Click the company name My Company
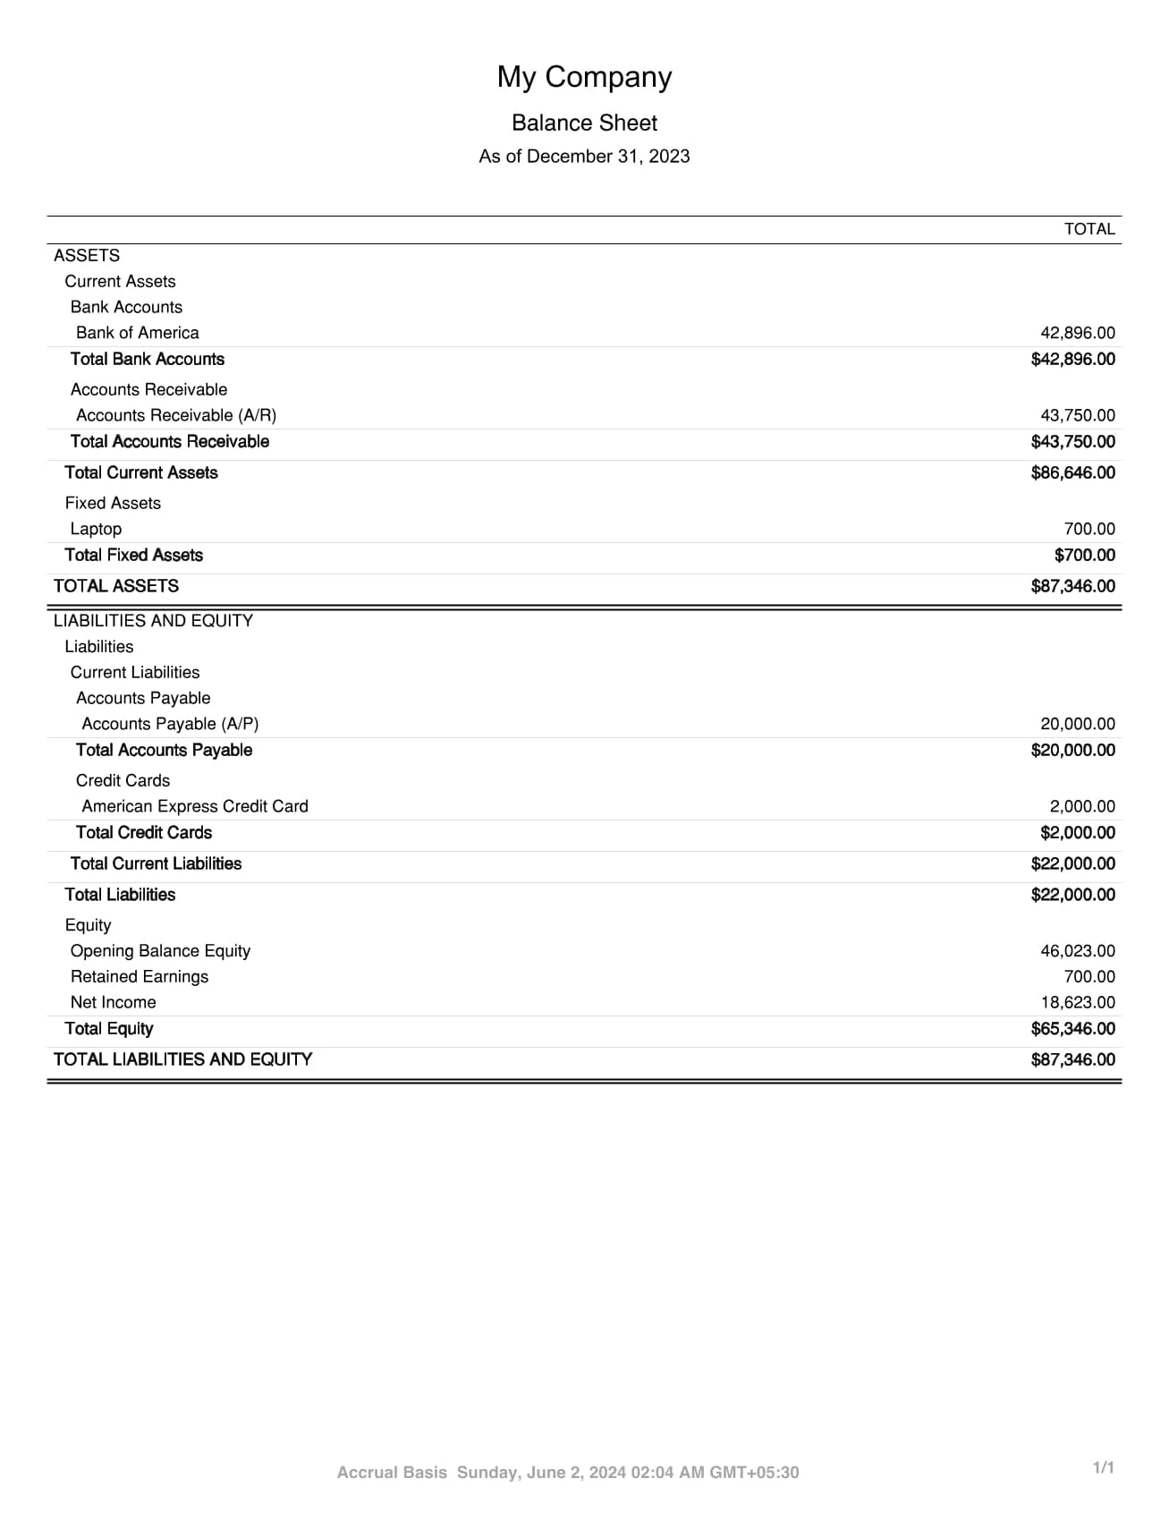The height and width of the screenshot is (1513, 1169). click(x=584, y=77)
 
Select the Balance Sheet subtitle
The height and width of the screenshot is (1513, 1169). click(x=584, y=123)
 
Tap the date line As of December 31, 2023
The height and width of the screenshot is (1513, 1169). click(x=584, y=157)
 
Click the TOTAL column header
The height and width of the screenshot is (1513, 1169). click(x=1089, y=229)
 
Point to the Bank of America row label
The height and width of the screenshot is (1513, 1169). click(x=137, y=333)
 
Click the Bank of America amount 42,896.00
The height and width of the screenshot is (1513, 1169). click(x=1077, y=333)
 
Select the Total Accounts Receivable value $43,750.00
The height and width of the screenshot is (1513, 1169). click(x=1072, y=442)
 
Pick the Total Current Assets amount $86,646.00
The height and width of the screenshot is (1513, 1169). click(x=1072, y=472)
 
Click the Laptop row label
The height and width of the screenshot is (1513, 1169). click(x=96, y=529)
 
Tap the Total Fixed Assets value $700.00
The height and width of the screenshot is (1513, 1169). click(x=1084, y=555)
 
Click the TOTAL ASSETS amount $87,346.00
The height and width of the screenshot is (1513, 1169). click(x=1072, y=586)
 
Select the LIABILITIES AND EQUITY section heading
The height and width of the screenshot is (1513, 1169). click(x=153, y=621)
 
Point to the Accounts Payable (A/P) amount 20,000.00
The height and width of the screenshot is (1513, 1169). click(x=1077, y=724)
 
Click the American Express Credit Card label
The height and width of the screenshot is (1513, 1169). click(x=194, y=806)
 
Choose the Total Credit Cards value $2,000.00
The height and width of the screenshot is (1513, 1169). click(x=1077, y=833)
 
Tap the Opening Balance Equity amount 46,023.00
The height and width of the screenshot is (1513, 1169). click(x=1077, y=951)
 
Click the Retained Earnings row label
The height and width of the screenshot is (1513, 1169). click(x=139, y=977)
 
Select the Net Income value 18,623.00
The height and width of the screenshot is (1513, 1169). click(x=1077, y=1003)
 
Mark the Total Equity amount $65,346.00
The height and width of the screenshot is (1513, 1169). click(x=1072, y=1029)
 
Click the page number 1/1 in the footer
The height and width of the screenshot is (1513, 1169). click(x=1104, y=1467)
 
